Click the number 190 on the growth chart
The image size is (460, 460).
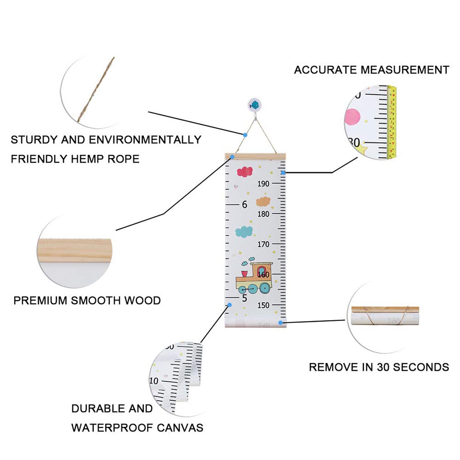click(x=263, y=184)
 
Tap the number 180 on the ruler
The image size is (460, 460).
click(x=263, y=214)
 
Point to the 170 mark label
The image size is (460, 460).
click(x=263, y=244)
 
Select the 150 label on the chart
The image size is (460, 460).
click(x=263, y=305)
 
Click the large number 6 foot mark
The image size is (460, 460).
click(x=244, y=204)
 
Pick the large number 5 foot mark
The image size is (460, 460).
click(x=244, y=298)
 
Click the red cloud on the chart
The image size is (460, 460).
click(x=245, y=172)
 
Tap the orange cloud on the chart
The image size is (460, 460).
click(x=263, y=202)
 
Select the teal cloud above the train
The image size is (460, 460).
click(x=244, y=231)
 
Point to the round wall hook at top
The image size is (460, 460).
click(x=254, y=105)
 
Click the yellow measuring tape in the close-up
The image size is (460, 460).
click(x=392, y=122)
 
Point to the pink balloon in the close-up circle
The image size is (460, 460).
click(x=352, y=117)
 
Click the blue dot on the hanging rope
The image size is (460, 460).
click(x=245, y=135)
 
